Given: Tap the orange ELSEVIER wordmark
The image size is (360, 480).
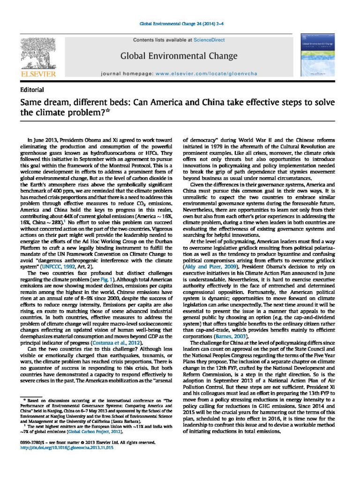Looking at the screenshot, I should point(38,74).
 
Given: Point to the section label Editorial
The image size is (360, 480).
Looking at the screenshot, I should point(32,90).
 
